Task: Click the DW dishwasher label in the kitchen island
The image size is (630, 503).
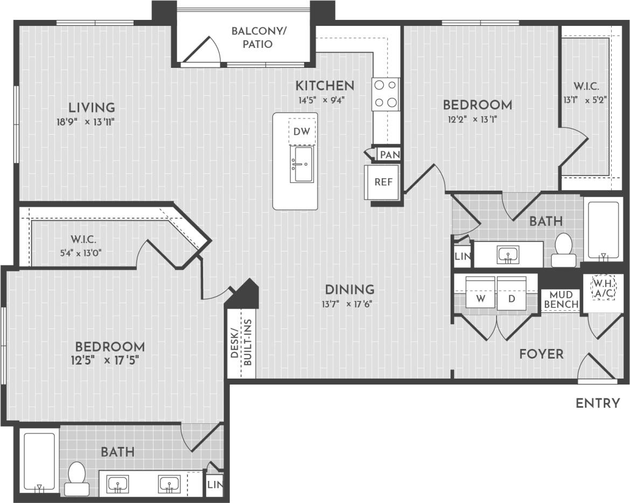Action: (x=302, y=132)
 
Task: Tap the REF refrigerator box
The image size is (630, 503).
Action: (x=383, y=182)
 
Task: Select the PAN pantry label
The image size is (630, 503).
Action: (x=389, y=155)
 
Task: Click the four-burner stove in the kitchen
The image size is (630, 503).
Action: (x=386, y=94)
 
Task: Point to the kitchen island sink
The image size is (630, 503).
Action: (x=301, y=164)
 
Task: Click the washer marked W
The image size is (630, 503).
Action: (x=479, y=297)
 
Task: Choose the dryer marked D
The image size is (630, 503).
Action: (x=512, y=297)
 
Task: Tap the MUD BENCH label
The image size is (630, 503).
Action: (x=561, y=299)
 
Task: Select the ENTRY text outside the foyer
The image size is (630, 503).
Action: (x=598, y=403)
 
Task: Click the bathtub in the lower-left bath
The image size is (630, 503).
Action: (x=39, y=461)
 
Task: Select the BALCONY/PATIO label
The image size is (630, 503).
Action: (x=259, y=38)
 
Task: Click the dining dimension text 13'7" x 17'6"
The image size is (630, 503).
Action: (x=347, y=303)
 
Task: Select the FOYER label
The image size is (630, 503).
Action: (x=541, y=354)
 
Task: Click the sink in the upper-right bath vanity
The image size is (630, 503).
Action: (x=507, y=254)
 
